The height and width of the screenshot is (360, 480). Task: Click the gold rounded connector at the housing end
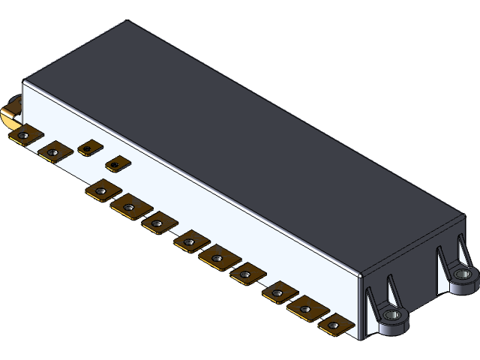point(10,116)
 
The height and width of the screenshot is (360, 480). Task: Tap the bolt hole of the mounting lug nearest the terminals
point(392,316)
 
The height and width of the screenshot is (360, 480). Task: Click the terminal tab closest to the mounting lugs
point(335,325)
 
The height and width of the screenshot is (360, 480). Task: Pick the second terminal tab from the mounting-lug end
point(307,307)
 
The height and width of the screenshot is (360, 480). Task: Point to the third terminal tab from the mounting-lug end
point(280,292)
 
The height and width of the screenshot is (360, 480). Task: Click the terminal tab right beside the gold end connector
point(25,135)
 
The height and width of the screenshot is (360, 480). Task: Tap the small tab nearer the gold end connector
point(88,148)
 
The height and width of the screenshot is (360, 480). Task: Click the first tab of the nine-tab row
point(102,191)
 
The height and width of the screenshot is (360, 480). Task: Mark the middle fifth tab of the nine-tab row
point(217,257)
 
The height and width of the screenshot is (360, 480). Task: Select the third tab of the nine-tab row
point(159,223)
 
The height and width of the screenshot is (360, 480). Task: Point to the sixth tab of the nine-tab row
point(246,275)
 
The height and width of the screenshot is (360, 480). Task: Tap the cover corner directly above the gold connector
point(25,80)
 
